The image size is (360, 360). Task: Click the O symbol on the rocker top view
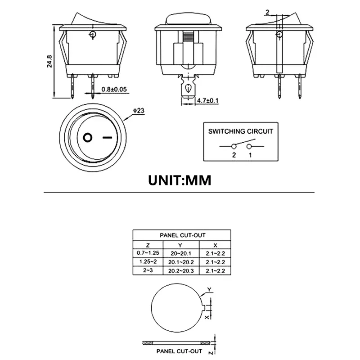tap(88, 137)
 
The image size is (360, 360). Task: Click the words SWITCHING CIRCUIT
tap(240, 132)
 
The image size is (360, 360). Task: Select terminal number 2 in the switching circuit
tap(234, 155)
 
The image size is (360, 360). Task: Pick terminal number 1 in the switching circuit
tap(250, 155)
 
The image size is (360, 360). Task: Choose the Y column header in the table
tap(180, 245)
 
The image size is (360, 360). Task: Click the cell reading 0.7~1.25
tap(148, 253)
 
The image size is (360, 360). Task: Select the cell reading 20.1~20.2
tap(180, 261)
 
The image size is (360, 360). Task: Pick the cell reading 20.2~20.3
tap(180, 270)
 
